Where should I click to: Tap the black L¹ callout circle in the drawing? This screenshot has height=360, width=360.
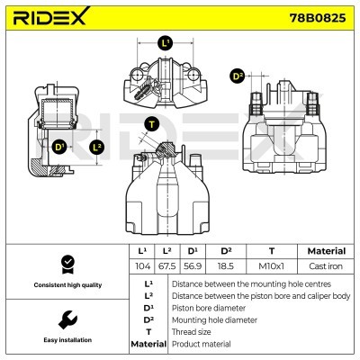click(x=165, y=43)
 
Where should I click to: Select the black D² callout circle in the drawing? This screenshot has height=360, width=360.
click(x=238, y=76)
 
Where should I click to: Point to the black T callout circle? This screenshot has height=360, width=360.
click(x=152, y=124)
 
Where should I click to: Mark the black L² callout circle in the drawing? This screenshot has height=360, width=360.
click(x=98, y=146)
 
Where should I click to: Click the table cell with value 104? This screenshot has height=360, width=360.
click(x=141, y=267)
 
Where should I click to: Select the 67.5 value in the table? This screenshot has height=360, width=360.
click(x=166, y=267)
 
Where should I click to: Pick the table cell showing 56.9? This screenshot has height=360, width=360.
click(x=192, y=267)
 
